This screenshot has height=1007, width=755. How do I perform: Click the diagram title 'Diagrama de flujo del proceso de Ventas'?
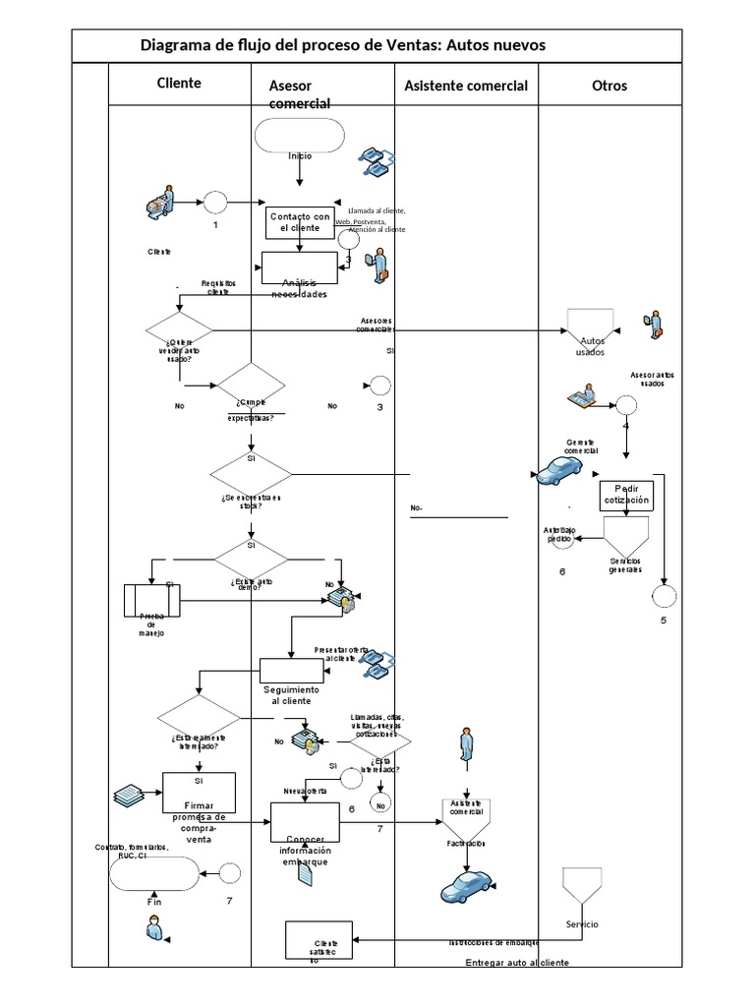click(342, 45)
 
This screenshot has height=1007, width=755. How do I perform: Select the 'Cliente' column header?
click(179, 83)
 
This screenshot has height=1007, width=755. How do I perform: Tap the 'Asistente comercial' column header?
click(466, 86)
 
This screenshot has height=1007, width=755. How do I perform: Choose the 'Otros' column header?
click(609, 86)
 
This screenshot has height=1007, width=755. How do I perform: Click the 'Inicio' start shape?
click(299, 136)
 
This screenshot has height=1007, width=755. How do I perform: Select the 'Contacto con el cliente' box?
click(300, 222)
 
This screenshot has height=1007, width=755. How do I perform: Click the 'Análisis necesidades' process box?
click(300, 268)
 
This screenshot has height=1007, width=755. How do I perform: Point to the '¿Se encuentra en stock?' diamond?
click(251, 476)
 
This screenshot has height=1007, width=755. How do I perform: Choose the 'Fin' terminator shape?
click(153, 872)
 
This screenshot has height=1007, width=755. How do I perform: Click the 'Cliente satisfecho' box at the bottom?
click(318, 940)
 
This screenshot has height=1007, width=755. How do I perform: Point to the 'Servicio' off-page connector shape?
click(581, 887)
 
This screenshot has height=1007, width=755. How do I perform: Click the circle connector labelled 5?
click(663, 595)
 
